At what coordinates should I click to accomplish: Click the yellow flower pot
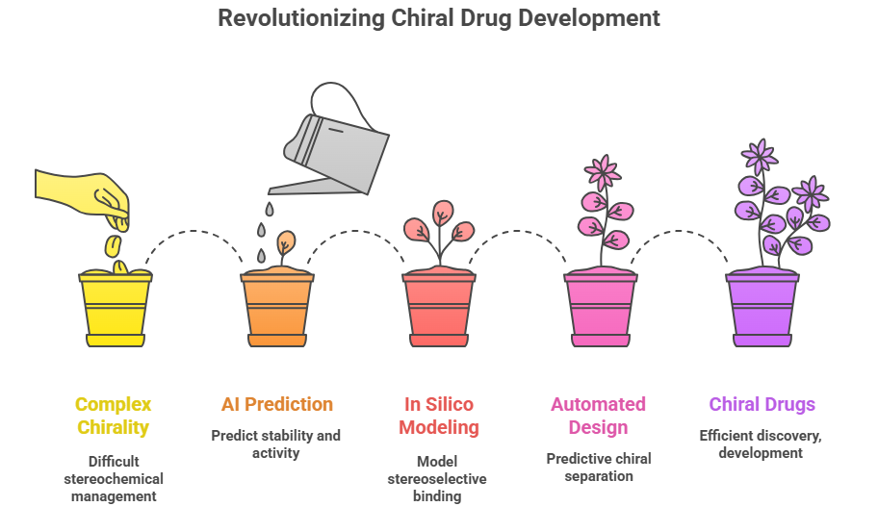click(116, 310)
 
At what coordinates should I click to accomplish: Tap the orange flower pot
click(277, 310)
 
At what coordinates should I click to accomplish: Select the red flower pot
click(439, 310)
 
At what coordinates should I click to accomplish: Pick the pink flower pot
click(601, 310)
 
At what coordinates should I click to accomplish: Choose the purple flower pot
click(762, 310)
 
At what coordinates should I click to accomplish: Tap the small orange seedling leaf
click(286, 242)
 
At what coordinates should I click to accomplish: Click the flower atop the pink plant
click(603, 173)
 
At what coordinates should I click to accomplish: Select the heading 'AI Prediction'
click(277, 404)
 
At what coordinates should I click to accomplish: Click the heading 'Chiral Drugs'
click(762, 404)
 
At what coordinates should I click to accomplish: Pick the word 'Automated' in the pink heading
click(598, 404)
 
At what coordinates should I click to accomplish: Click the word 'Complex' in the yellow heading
click(113, 404)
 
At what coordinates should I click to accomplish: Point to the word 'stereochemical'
click(114, 479)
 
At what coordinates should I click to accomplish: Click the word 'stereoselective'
click(437, 479)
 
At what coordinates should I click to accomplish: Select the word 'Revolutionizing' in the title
click(301, 18)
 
